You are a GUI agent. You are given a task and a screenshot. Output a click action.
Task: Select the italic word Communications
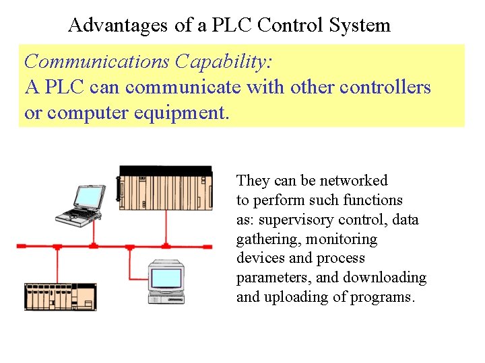(x=97, y=62)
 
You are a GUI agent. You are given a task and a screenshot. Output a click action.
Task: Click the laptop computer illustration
(x=80, y=204)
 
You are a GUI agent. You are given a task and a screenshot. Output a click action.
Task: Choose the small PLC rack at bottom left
(x=61, y=296)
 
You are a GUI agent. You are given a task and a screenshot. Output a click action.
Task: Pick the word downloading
(x=385, y=278)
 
